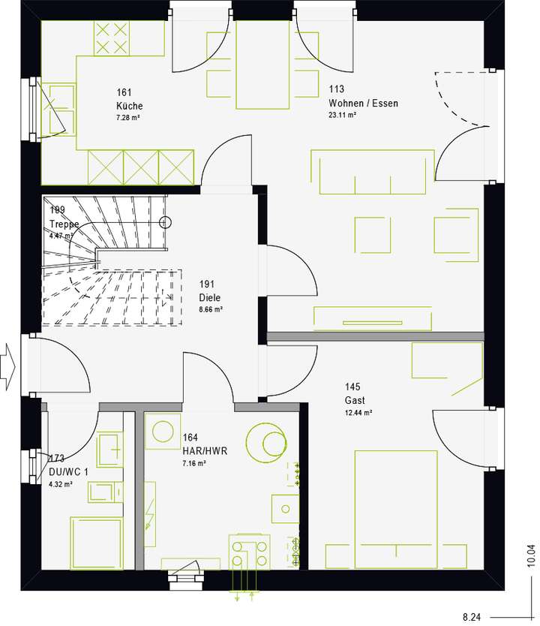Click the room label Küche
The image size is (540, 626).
click(x=129, y=106)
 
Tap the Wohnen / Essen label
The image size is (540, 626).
click(x=363, y=103)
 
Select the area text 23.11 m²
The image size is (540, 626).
click(x=342, y=116)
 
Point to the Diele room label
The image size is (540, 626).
click(x=210, y=296)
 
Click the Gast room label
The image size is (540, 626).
click(x=355, y=400)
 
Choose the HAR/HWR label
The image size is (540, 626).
click(x=204, y=451)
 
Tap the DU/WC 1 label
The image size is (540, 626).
click(x=67, y=471)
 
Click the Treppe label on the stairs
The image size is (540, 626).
click(x=64, y=224)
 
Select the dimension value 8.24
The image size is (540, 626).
click(x=472, y=615)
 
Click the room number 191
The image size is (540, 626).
click(x=208, y=284)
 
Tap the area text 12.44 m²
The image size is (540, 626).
click(x=358, y=413)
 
